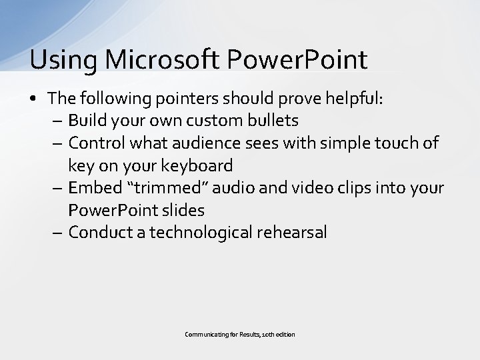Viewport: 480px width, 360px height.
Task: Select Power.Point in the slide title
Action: [297, 59]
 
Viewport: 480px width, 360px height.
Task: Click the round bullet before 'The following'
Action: [34, 99]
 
